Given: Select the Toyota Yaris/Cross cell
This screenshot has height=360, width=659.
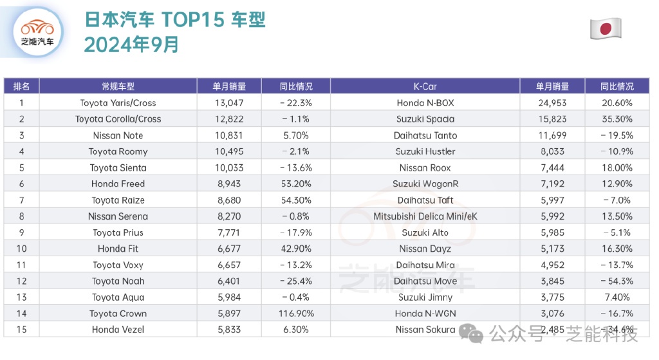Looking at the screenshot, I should (118, 103).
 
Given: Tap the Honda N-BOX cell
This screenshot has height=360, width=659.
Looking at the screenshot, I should (425, 103).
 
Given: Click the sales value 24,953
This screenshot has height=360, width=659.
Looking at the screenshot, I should (552, 103).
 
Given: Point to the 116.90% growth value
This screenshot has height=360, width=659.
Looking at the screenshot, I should (295, 314).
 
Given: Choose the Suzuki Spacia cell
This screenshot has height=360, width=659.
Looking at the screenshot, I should (425, 119).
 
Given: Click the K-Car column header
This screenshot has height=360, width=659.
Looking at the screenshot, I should (425, 86).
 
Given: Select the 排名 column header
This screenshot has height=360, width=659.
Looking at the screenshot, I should (21, 86).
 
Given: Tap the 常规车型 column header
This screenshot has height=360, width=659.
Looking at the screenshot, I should (118, 86).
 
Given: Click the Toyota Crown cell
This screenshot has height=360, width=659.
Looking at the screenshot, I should (118, 314).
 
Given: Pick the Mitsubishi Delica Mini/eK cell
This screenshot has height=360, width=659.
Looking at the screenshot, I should (425, 216).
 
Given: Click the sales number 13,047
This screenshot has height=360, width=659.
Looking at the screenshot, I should (229, 103).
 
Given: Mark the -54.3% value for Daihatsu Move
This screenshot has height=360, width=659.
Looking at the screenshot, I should (617, 281).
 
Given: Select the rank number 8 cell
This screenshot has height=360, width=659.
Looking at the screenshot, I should (21, 216).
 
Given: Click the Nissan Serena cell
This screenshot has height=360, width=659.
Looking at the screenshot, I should (118, 216).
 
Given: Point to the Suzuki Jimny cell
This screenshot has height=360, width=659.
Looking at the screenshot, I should (425, 298).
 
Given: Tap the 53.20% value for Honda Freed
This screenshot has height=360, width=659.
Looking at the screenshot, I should (295, 184).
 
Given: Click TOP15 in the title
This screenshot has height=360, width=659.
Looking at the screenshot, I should (192, 20).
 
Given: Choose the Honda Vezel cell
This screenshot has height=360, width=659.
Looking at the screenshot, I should (118, 330).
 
